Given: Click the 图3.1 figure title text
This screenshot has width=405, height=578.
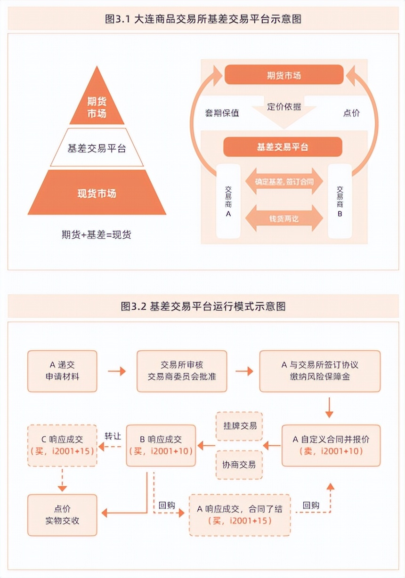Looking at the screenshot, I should (203, 19).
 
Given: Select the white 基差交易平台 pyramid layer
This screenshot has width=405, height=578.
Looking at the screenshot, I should (97, 148).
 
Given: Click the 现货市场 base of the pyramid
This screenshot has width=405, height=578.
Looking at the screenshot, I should (97, 193).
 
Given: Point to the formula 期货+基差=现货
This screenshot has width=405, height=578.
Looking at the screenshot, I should (96, 234).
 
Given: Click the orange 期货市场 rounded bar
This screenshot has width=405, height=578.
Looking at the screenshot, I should (283, 75).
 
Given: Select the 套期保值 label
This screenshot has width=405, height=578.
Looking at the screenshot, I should (222, 113).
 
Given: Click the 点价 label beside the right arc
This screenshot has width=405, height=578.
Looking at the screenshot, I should (351, 113).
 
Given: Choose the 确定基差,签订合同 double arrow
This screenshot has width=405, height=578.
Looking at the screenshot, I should (283, 181).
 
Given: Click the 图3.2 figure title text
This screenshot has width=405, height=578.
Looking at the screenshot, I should (203, 306).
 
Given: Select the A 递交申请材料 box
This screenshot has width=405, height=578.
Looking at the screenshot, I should (62, 371).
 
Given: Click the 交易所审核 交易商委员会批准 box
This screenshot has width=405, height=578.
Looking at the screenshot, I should (181, 371).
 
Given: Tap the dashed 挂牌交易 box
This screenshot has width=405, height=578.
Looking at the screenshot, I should (239, 426).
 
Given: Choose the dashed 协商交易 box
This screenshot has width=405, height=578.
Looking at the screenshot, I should (239, 465).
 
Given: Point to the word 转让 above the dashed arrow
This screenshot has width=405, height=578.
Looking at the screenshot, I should (113, 436).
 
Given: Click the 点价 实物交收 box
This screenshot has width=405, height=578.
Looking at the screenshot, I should (62, 514).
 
